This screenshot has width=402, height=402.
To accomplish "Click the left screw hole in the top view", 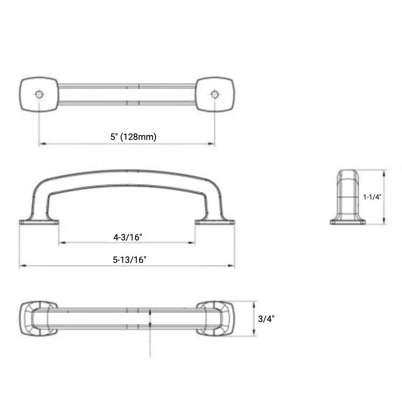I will coord(39,94).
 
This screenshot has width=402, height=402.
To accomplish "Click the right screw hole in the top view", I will coord(215,94).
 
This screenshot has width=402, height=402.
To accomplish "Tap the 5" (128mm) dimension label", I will coord(133,137).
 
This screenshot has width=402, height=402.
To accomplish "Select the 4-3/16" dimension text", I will coord(128,237).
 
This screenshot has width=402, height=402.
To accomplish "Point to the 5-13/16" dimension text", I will coord(129,260).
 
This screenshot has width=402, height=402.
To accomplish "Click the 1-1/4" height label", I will coord(372,197).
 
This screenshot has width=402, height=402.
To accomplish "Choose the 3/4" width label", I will coord(266,319).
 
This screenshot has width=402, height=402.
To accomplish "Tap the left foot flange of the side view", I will coord(39,222).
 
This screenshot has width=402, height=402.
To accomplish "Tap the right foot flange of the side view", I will coord(215,222).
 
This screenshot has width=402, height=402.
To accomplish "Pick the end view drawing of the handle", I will coord(348,197).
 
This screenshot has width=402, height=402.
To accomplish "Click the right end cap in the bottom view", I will coord(216,319).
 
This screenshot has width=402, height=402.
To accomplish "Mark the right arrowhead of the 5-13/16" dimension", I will coord(233,266).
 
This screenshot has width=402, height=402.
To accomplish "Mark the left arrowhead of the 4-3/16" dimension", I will coord(61,243).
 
